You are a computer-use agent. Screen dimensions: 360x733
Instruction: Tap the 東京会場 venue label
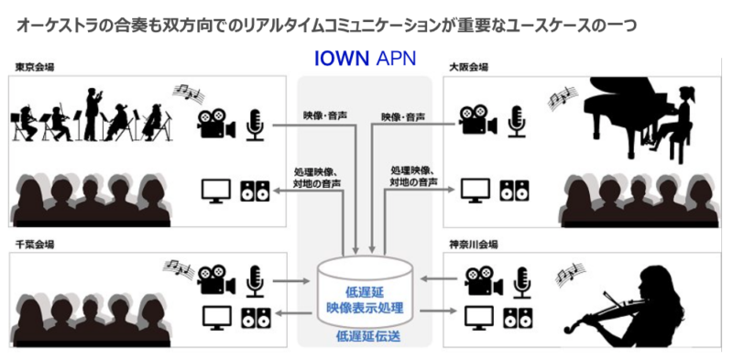click(34, 67)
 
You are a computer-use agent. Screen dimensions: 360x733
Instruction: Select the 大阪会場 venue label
click(468, 67)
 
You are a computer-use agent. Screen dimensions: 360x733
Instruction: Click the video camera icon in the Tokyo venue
click(214, 121)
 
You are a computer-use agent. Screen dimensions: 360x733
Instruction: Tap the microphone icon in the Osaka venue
click(519, 121)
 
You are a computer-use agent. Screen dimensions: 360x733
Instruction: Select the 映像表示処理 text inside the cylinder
click(366, 304)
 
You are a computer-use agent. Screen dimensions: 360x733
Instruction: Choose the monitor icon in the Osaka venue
click(475, 191)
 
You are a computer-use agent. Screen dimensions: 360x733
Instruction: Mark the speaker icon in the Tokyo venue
click(255, 191)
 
